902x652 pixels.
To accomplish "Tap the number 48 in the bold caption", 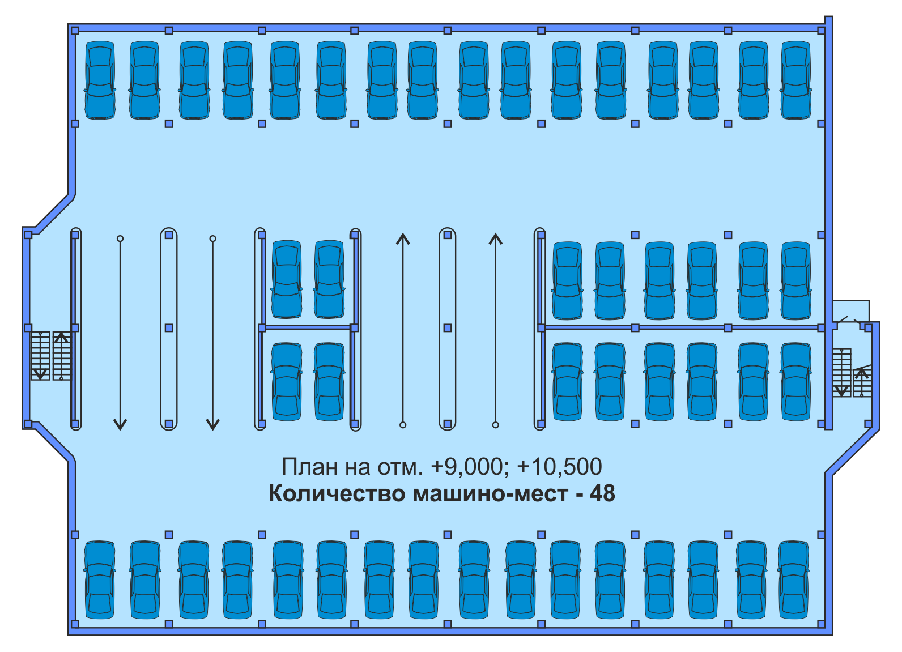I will pos(602,493).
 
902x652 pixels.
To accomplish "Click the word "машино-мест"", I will pos(490,493).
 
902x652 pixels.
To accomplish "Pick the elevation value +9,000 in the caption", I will pos(467,467).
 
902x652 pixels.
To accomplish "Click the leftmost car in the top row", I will pos(100,80).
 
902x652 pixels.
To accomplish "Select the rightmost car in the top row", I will pos(796,80).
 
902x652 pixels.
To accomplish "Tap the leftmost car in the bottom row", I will pos(100,579).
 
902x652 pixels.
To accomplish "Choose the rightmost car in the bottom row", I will pos(794,579).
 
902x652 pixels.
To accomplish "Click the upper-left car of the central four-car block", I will pos(287,279).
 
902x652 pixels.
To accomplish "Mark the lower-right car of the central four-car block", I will pos(329,381).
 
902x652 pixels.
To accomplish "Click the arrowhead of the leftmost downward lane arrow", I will pos(120,424).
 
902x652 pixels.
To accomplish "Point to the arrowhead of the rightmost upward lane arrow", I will pos(496,238).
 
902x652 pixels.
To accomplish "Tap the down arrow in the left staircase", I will pos(40,373).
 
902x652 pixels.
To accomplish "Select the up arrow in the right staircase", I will pos(862,374).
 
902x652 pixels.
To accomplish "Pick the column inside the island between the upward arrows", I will pos(448,328).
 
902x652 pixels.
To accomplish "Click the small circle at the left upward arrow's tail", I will pos(403,425).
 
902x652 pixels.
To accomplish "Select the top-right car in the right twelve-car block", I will pos(796,281).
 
